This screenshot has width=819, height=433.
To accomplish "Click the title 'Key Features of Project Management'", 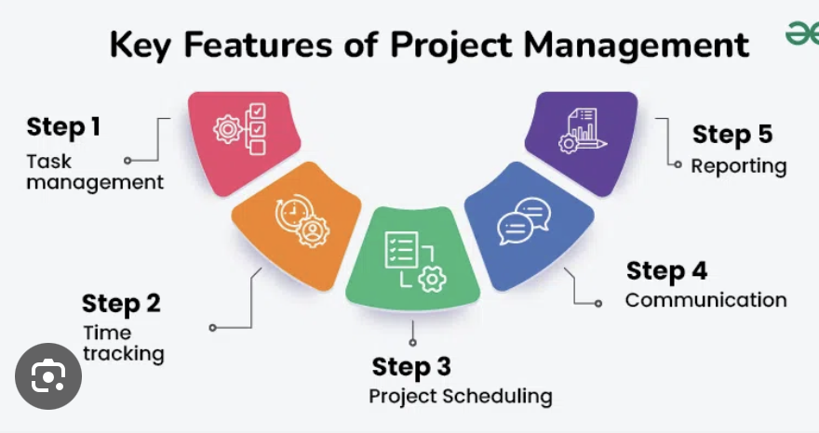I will [x=429, y=44].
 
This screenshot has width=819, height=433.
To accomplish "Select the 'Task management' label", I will [x=94, y=171].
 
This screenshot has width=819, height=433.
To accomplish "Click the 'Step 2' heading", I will [x=121, y=303].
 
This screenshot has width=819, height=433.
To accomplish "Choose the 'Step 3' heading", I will [x=412, y=367].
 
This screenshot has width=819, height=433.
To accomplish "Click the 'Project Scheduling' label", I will [x=461, y=396].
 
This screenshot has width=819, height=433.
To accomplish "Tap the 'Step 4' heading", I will [x=666, y=270].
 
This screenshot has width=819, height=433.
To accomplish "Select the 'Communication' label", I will [x=705, y=300].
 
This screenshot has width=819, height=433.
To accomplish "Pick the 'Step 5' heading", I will [x=732, y=135].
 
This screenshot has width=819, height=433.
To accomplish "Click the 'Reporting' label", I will [x=738, y=166].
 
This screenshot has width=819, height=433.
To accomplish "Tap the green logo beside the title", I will [x=801, y=34].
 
